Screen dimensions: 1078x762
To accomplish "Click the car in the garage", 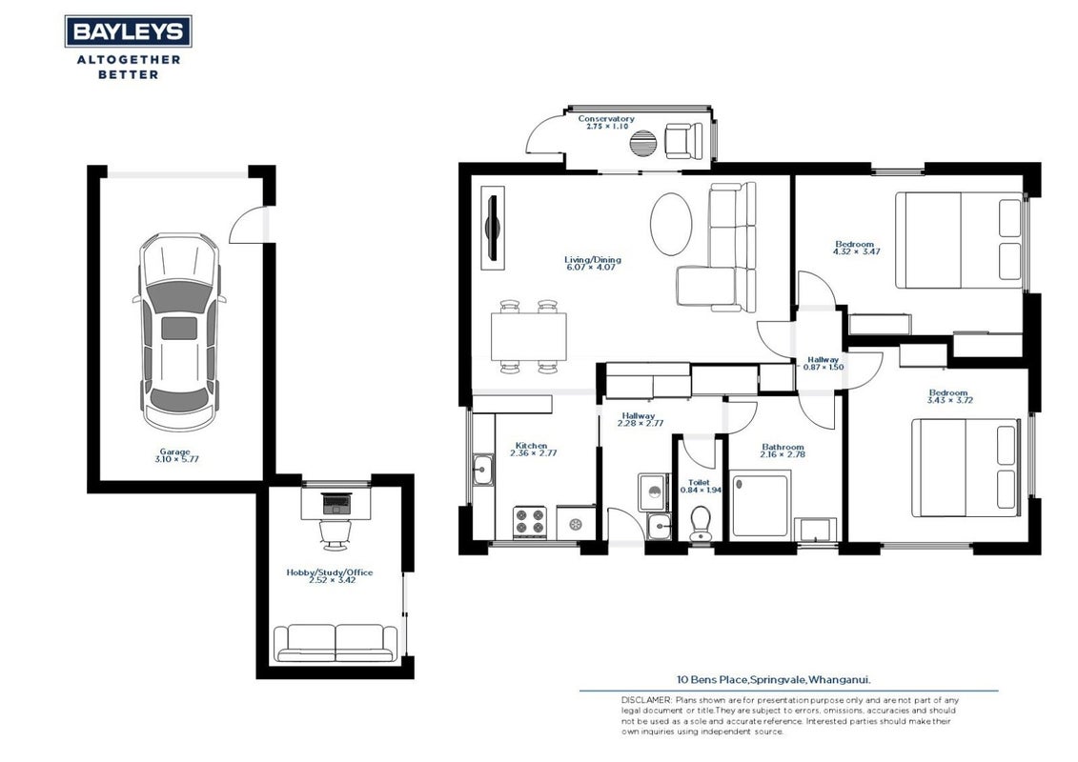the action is [179, 331].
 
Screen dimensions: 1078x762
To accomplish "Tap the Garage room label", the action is [175, 451].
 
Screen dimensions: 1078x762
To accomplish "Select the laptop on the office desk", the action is [336, 504].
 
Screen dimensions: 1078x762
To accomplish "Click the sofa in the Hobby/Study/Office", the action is [336, 643].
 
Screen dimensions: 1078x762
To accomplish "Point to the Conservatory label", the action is [605, 119].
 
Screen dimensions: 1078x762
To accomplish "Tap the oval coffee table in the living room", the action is [671, 224].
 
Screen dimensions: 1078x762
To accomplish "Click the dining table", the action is [529, 336].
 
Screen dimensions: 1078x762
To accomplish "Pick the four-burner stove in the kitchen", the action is [529, 522].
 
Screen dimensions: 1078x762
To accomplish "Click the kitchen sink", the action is [482, 471].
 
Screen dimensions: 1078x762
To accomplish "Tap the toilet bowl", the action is [701, 524].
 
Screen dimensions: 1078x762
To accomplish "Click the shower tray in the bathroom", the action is [760, 504].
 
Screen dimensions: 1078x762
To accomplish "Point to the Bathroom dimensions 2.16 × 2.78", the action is [783, 454].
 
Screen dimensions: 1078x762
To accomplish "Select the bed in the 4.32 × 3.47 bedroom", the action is [958, 240].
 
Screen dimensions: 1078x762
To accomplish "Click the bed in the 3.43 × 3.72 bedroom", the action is [965, 468].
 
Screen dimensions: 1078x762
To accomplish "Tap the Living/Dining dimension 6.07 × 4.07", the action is [591, 267].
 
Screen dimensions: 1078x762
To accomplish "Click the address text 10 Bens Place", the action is [712, 680].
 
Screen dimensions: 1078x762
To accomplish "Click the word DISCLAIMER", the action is [645, 699].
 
